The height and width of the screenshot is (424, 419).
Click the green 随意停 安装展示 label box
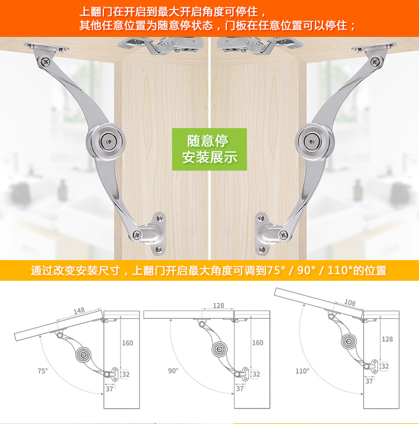pyautogui.click(x=209, y=148)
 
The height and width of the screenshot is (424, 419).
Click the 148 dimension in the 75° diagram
pyautogui.click(x=79, y=311)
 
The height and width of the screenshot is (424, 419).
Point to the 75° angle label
pyautogui.click(x=43, y=370)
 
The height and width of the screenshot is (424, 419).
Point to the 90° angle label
pyautogui.click(x=173, y=370)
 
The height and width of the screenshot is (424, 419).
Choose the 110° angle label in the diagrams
pyautogui.click(x=302, y=370)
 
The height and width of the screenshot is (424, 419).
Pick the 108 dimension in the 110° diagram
pyautogui.click(x=349, y=303)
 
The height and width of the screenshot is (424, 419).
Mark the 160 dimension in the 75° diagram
pyautogui.click(x=127, y=342)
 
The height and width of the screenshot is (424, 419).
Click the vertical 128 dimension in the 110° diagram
pyautogui.click(x=387, y=339)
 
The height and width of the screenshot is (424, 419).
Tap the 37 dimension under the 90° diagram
pyautogui.click(x=240, y=388)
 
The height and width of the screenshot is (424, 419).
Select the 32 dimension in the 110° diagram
pyautogui.click(x=385, y=366)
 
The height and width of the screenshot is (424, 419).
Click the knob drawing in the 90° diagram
pyautogui.click(x=219, y=350)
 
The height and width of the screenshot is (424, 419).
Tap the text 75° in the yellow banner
pyautogui.click(x=276, y=271)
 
